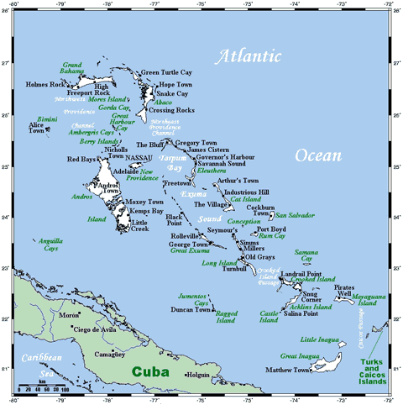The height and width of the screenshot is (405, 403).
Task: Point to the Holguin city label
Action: point(198,375)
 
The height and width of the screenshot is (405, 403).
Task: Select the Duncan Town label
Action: point(191,310)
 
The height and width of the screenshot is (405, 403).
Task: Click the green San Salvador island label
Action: point(295,216)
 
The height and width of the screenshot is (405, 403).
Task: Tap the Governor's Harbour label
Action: point(225,157)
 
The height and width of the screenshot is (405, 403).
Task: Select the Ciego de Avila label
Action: point(97,329)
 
